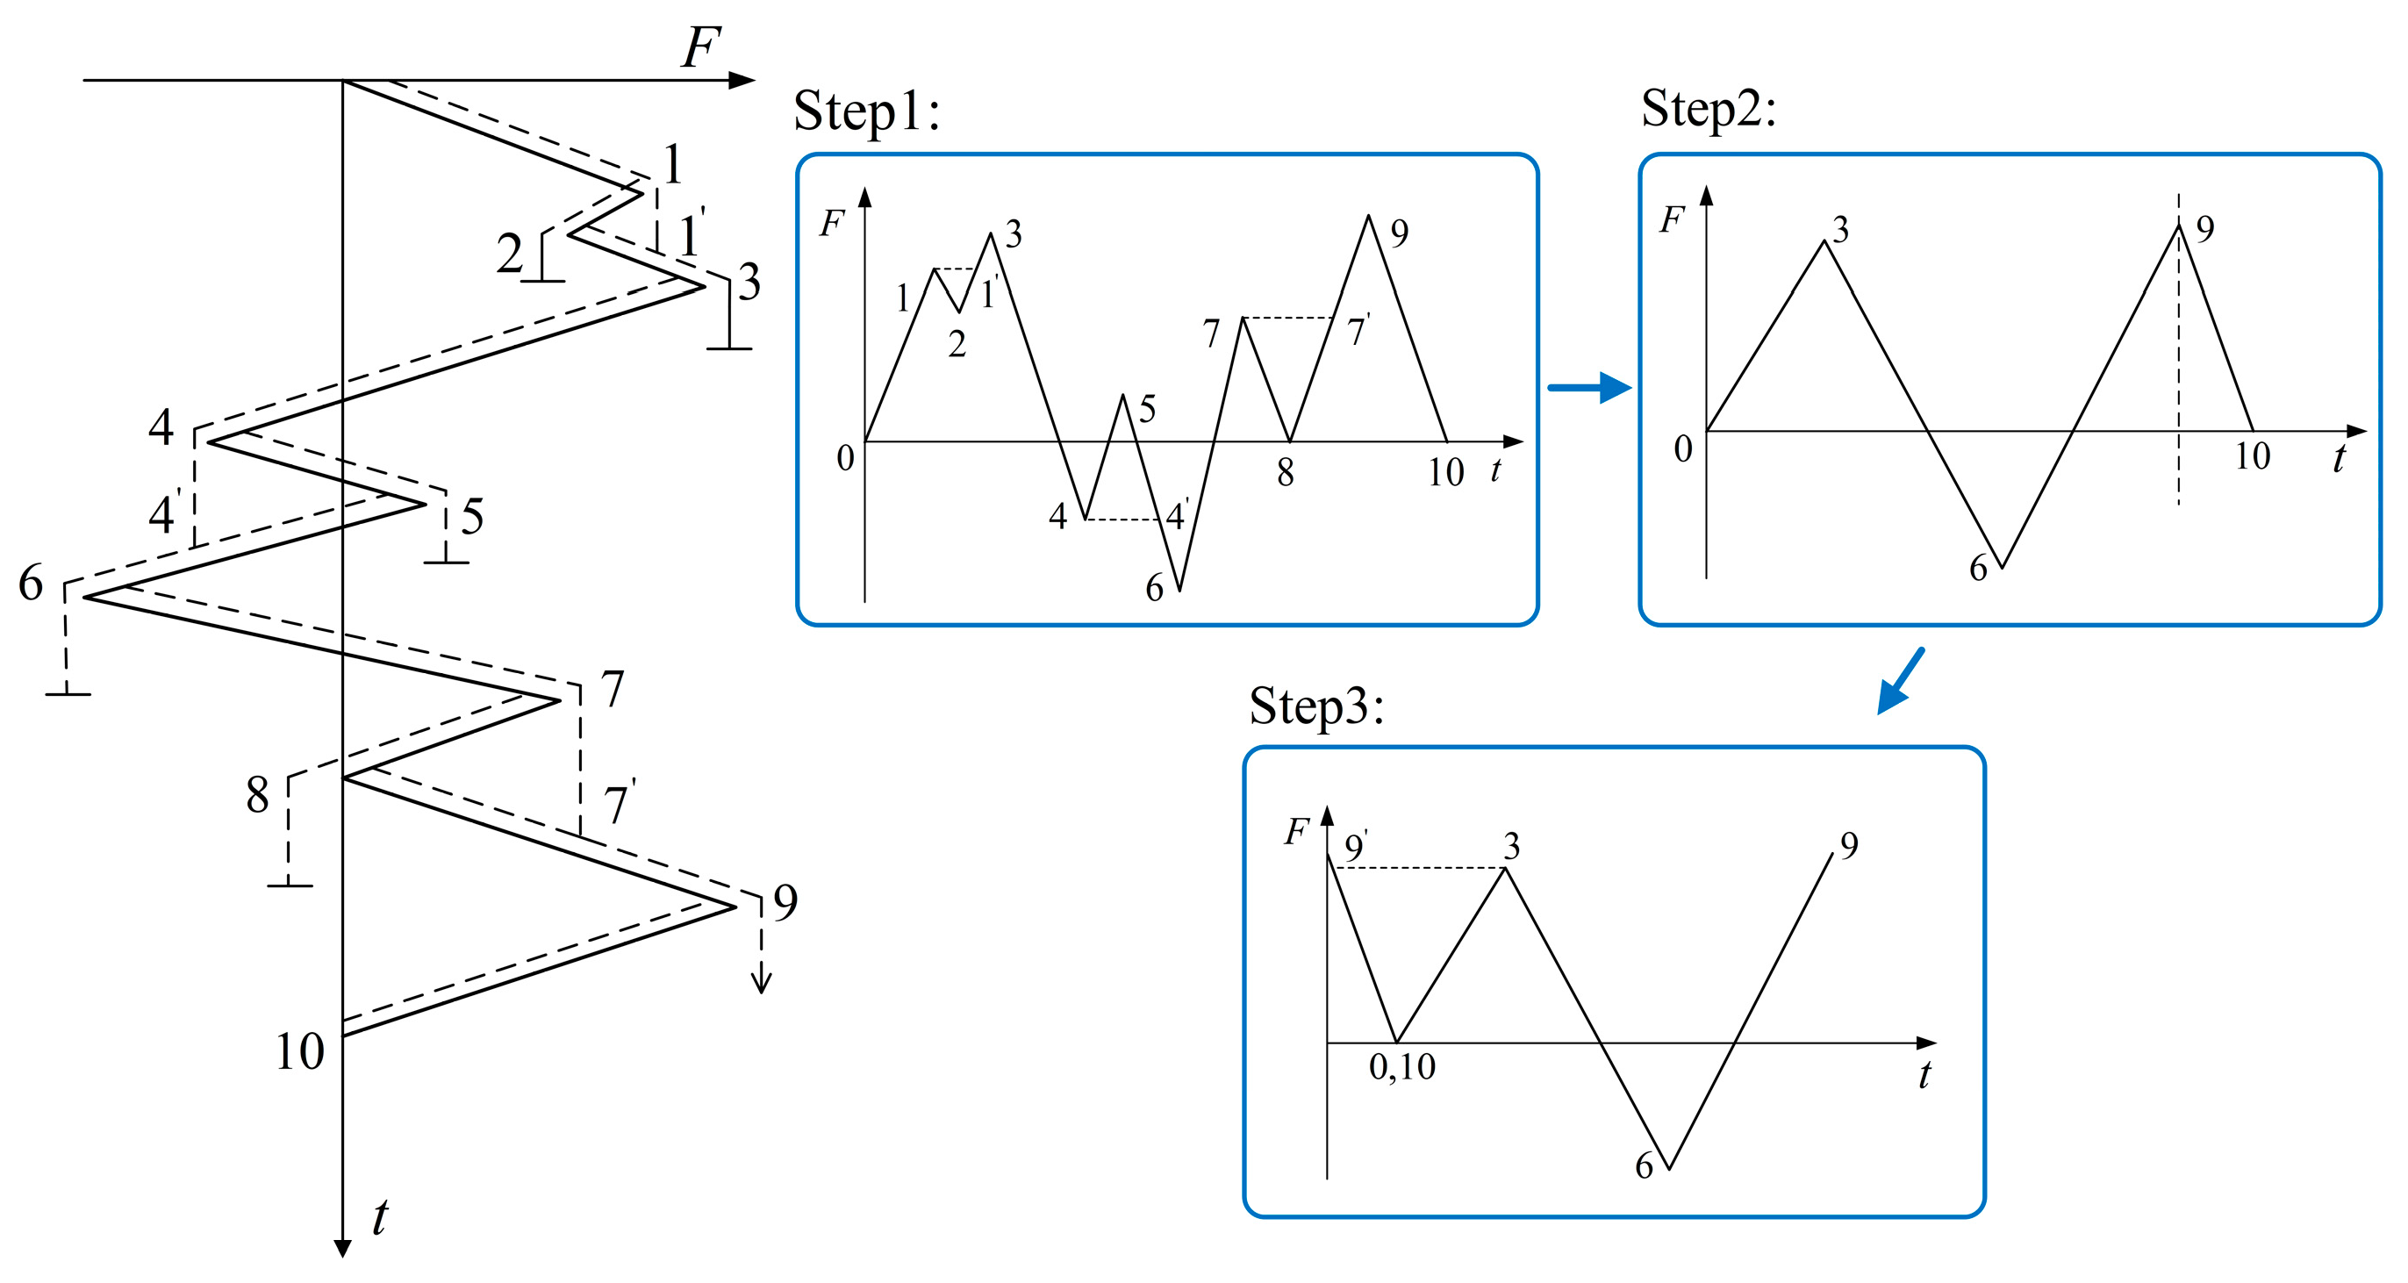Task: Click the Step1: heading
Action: point(865,112)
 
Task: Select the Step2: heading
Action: point(1708,110)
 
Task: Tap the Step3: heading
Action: point(1316,707)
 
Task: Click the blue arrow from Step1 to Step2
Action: point(1589,387)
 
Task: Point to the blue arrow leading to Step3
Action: point(1902,681)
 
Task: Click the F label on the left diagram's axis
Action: point(701,47)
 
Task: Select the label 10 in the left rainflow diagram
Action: point(299,1052)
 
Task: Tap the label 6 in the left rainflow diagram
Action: point(31,584)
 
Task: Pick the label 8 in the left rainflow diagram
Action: point(257,796)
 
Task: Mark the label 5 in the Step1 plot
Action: point(1147,410)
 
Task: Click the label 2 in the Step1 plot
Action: point(957,345)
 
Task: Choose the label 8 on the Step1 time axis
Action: point(1286,473)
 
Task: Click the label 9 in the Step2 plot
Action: point(2205,229)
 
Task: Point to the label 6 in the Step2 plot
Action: point(1978,569)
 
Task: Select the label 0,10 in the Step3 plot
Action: point(1401,1067)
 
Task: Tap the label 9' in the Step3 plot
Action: point(1356,847)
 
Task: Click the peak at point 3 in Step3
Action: point(1505,869)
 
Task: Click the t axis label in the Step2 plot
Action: point(2339,459)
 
